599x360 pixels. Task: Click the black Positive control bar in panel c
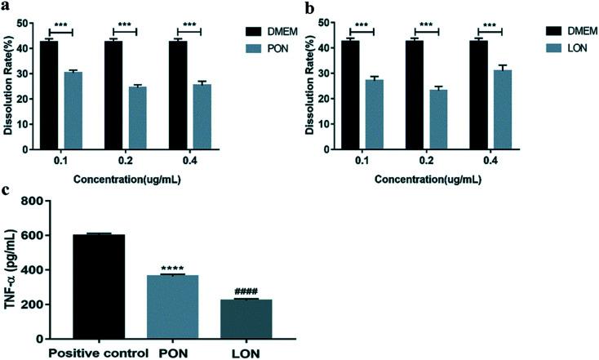98,287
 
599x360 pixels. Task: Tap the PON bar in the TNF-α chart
166,306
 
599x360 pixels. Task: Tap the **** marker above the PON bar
166,268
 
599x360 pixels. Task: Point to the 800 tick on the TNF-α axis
48,201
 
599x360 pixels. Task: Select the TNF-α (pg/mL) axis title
14,269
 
